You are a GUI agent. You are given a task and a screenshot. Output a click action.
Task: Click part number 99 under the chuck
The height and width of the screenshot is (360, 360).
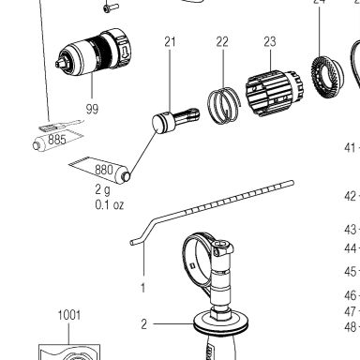pyautogui.click(x=92, y=109)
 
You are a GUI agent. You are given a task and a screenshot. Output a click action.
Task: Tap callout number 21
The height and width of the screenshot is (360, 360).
pyautogui.click(x=170, y=42)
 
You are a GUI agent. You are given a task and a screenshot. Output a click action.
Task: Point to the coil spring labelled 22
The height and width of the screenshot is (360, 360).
pyautogui.click(x=224, y=106)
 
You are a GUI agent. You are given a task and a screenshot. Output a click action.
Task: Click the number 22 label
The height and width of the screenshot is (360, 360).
pyautogui.click(x=222, y=42)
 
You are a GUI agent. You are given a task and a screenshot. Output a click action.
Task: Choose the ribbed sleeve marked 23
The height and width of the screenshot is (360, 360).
pyautogui.click(x=275, y=93)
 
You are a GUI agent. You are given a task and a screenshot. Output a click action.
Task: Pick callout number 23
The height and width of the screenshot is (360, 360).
pyautogui.click(x=270, y=42)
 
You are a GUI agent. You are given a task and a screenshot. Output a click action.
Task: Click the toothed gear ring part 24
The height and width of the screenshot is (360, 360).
pyautogui.click(x=327, y=77)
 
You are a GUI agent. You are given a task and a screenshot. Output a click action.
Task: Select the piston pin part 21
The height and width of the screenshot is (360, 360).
pyautogui.click(x=175, y=121)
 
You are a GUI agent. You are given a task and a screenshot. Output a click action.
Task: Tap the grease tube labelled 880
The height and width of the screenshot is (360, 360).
pyautogui.click(x=100, y=170)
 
